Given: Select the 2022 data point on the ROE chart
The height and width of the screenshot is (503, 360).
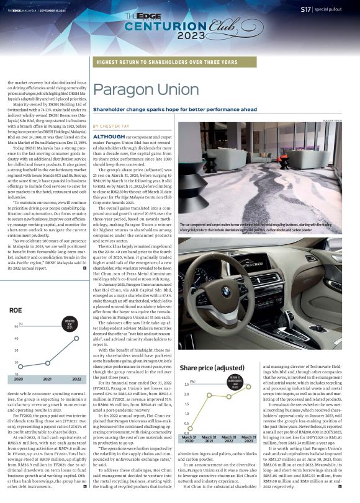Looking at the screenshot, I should tap(76, 338).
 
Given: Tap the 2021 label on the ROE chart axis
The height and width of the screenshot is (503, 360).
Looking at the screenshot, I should tap(47, 378).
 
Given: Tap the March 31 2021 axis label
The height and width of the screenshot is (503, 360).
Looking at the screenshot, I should tap(210, 423).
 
